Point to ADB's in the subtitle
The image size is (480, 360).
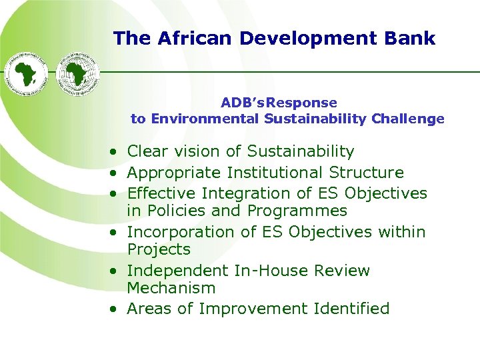point(243,103)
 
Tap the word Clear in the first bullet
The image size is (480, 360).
point(147,152)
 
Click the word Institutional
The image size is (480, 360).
point(275,173)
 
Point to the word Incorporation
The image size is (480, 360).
point(177,232)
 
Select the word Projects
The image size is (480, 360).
point(159,250)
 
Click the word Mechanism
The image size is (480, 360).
point(171,289)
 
